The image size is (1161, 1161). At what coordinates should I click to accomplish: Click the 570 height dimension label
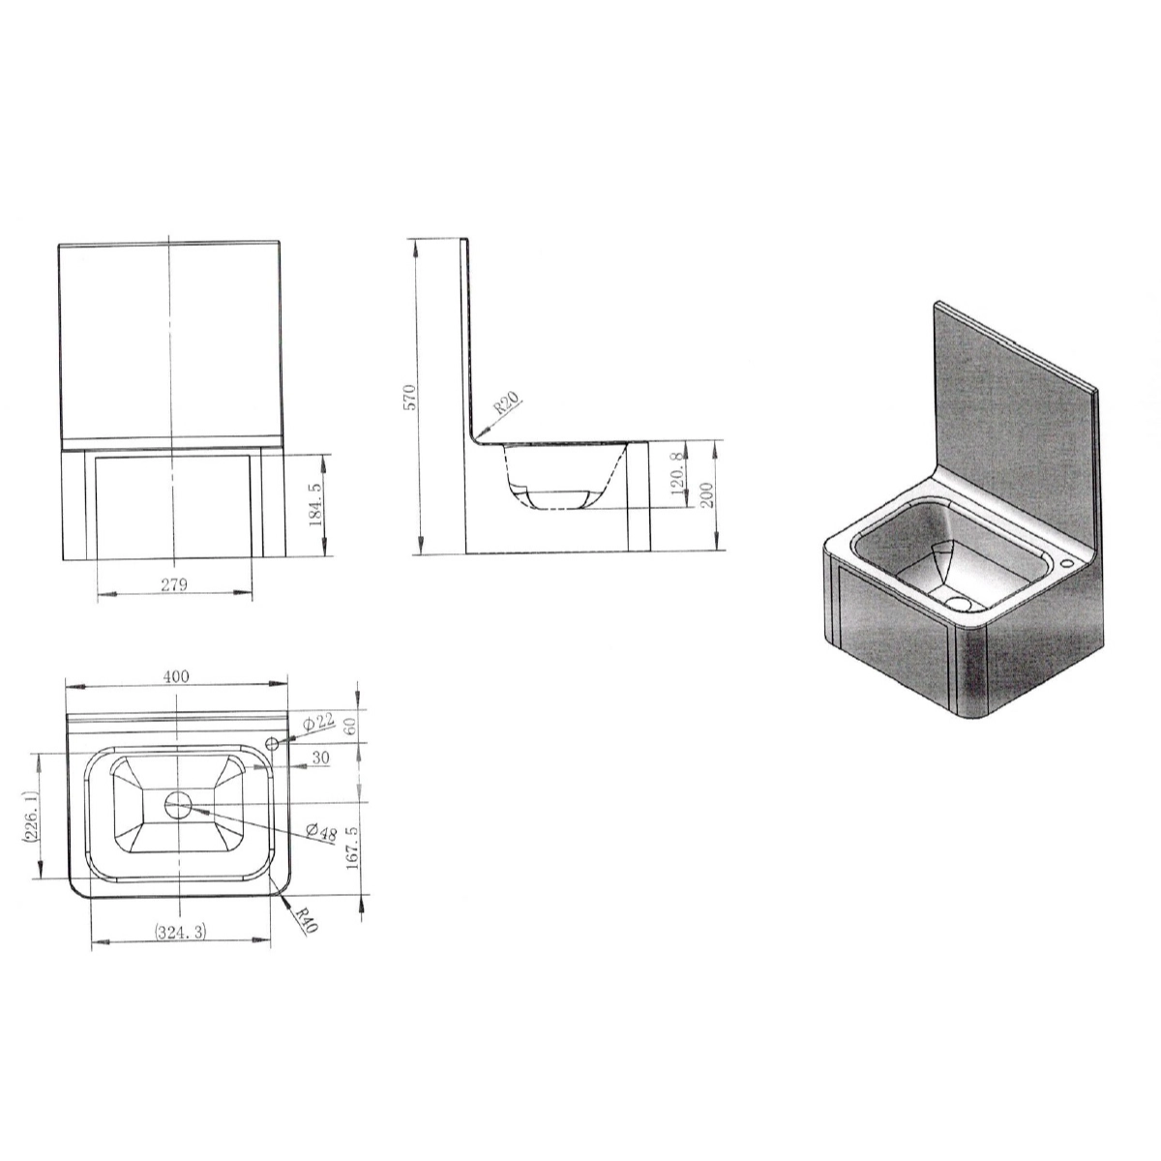[409, 397]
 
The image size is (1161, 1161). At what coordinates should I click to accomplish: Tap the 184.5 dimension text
[315, 504]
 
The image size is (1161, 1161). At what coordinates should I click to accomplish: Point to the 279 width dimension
[175, 583]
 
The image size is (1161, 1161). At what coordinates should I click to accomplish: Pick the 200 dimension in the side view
[707, 494]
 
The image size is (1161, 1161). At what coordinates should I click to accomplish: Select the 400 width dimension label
[176, 676]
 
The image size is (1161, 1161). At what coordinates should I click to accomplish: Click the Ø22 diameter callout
[318, 721]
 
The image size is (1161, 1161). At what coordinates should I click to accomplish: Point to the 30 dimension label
[321, 758]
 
